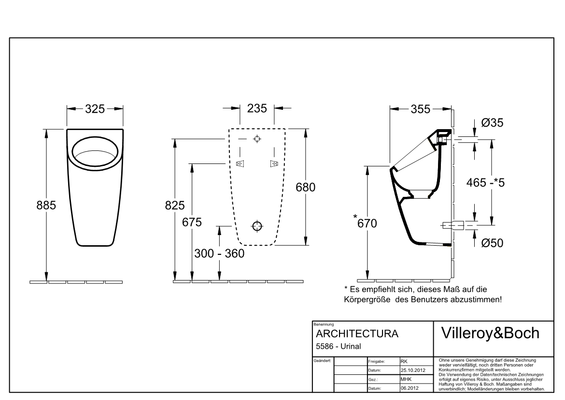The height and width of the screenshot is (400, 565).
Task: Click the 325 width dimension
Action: click(x=95, y=109)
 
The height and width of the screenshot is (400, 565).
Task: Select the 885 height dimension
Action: click(x=46, y=205)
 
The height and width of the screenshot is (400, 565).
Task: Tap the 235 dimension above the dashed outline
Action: click(x=257, y=108)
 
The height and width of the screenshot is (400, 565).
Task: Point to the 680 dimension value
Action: click(x=306, y=187)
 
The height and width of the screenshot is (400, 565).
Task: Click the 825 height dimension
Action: click(x=175, y=205)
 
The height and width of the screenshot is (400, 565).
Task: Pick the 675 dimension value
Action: click(x=192, y=222)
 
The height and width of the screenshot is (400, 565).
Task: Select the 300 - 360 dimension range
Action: click(x=219, y=253)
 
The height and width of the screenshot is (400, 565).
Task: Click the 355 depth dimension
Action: click(x=421, y=109)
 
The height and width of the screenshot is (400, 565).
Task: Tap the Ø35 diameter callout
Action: click(x=492, y=123)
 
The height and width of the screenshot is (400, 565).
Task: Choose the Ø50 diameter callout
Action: click(x=492, y=243)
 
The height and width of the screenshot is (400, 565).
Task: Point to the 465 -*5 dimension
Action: click(x=486, y=182)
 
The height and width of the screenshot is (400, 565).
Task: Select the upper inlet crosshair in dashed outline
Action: click(x=257, y=139)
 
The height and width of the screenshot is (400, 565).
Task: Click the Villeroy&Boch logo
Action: click(x=491, y=333)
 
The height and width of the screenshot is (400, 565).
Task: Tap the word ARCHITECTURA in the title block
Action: click(x=357, y=334)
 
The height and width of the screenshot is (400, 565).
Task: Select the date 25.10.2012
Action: click(x=413, y=370)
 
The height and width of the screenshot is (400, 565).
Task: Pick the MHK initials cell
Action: click(x=406, y=379)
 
